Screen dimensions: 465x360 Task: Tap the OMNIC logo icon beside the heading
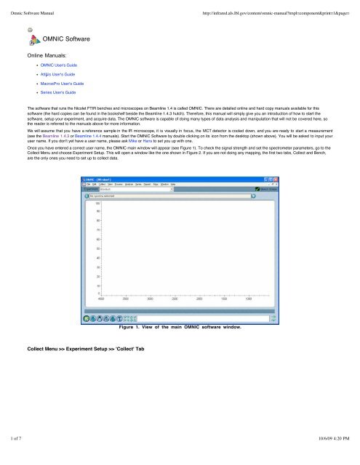coord(33,41)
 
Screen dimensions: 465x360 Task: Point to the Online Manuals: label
coord(49,55)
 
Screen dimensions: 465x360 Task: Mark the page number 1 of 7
coord(14,458)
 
